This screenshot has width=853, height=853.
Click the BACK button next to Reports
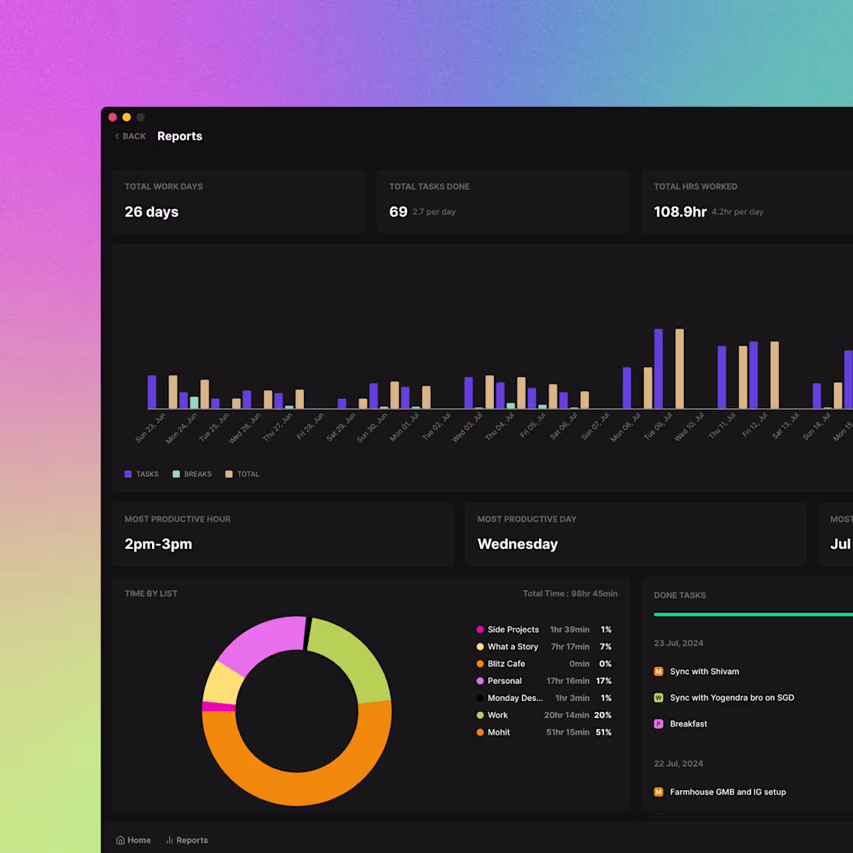tap(130, 136)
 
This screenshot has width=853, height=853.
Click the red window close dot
tap(112, 117)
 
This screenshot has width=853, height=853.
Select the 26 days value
tap(151, 212)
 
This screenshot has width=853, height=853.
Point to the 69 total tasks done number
tap(398, 212)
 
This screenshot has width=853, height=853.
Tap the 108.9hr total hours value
tap(679, 212)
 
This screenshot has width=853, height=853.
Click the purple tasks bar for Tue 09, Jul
tap(658, 368)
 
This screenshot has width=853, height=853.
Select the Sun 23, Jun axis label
tap(150, 427)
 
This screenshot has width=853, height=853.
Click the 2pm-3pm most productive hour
tap(158, 544)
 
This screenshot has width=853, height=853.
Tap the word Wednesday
tap(517, 544)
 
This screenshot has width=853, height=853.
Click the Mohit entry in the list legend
tap(498, 732)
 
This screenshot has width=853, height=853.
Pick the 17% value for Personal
tap(603, 681)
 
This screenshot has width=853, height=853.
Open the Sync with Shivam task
tap(704, 672)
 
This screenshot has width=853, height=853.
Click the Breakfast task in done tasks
tap(688, 723)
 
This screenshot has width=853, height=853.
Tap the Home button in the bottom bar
tap(133, 840)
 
